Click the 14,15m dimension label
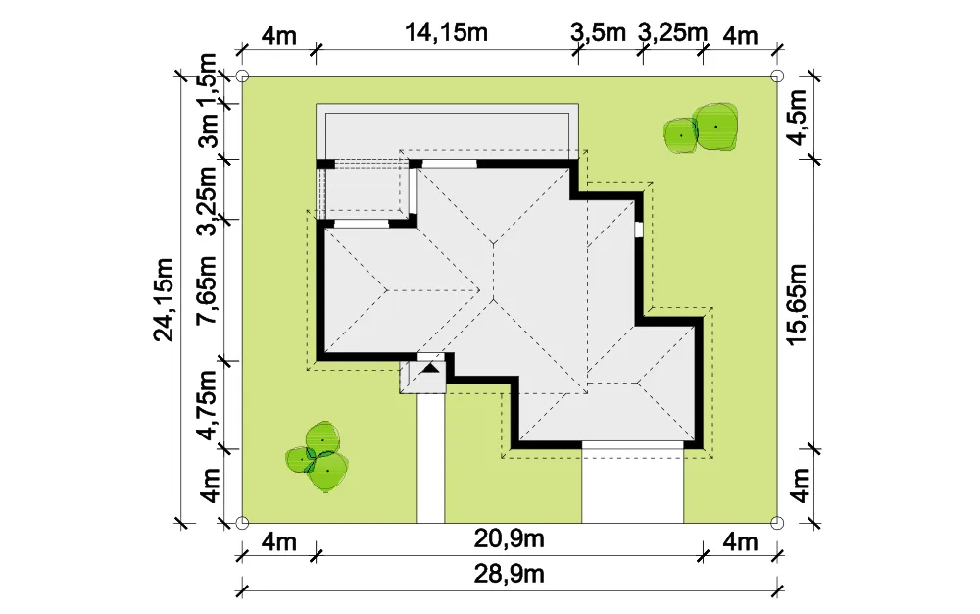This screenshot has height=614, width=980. (x=446, y=32)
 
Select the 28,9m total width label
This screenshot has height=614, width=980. (x=509, y=574)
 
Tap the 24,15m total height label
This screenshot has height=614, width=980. (x=164, y=299)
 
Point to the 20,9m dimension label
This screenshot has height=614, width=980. (x=509, y=537)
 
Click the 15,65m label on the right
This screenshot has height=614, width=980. (x=798, y=304)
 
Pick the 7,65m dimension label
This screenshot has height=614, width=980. (x=206, y=289)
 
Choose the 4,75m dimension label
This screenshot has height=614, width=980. (x=206, y=404)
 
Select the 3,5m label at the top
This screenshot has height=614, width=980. (x=598, y=32)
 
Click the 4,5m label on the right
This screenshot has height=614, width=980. (x=798, y=117)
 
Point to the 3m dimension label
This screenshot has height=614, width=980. (x=206, y=130)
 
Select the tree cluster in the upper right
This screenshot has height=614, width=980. (x=701, y=128)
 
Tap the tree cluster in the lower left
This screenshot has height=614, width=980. (x=318, y=456)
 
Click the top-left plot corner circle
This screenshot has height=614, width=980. (x=242, y=77)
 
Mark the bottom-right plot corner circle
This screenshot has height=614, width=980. (x=777, y=523)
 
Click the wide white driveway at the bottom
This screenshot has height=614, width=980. (x=632, y=486)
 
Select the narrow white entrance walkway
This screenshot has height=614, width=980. (x=430, y=458)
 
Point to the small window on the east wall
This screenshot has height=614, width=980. (x=639, y=230)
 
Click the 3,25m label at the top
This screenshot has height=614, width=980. (x=672, y=32)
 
